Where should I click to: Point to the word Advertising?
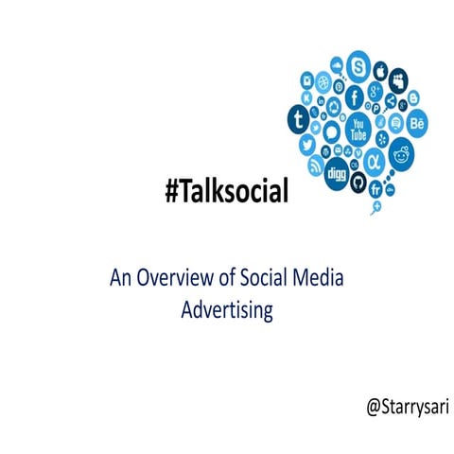pyautogui.click(x=226, y=309)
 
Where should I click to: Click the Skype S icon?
pyautogui.click(x=358, y=65)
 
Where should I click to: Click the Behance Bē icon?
pyautogui.click(x=417, y=123)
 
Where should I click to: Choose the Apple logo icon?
pyautogui.click(x=381, y=71)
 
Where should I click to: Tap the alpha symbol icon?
pyautogui.click(x=375, y=158)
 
